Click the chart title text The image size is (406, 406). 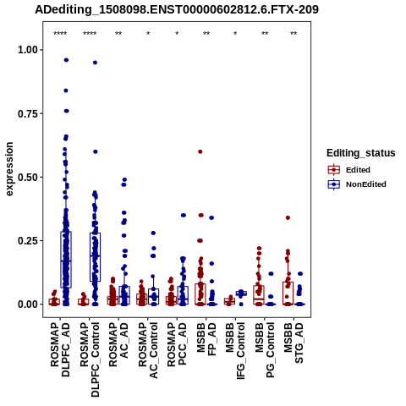click(x=177, y=9)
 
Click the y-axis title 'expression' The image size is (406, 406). click(x=9, y=169)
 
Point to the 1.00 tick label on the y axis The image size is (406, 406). click(x=28, y=50)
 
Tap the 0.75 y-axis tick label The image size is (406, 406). click(x=28, y=113)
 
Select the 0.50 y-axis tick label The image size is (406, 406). click(x=28, y=178)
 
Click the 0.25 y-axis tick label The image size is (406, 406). click(x=28, y=241)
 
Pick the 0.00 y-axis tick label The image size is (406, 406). click(x=28, y=304)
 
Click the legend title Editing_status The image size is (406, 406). click(x=361, y=153)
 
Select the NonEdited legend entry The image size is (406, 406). click(x=357, y=184)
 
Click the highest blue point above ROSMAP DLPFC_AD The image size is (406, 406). click(x=66, y=60)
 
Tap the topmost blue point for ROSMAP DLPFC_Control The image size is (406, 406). click(x=96, y=63)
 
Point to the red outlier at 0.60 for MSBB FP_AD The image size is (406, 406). click(x=200, y=151)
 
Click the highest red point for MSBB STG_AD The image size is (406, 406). click(x=288, y=217)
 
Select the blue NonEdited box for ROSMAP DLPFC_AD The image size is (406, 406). click(x=66, y=260)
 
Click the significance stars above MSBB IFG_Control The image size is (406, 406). click(x=235, y=34)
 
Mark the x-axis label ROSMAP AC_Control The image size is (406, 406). click(x=148, y=350)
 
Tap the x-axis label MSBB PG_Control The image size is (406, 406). click(x=265, y=350)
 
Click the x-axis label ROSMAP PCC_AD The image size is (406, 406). click(x=177, y=344)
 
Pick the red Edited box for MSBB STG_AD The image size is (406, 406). click(x=288, y=294)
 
